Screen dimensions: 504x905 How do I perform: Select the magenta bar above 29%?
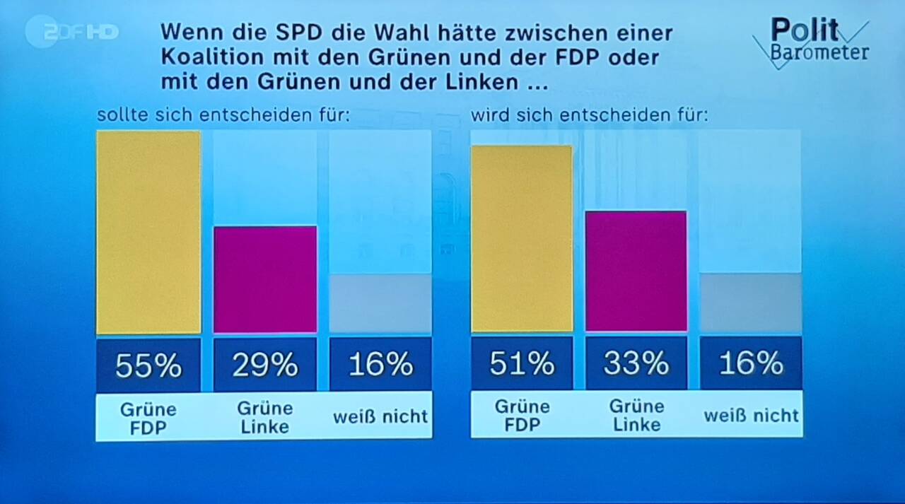265,279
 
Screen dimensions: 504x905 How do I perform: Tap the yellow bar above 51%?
522,239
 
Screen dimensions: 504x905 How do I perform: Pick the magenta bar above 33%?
636,271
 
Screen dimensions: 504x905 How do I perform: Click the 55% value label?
148,365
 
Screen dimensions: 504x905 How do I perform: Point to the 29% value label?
265,365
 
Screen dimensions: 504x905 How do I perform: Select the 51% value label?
522,363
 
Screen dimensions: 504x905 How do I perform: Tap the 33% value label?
636,363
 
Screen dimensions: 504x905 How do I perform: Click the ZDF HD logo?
71,31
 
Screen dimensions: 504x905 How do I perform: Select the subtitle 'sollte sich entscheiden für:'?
223,115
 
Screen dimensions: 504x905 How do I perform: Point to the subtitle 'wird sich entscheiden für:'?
589,115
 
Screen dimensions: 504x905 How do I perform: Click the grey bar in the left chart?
380,303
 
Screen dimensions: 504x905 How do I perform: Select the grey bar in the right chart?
750,303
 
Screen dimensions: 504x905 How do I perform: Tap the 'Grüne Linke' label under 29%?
265,417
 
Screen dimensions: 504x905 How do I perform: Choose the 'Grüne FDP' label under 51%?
522,415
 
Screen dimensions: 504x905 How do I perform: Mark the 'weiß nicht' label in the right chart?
751,415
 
